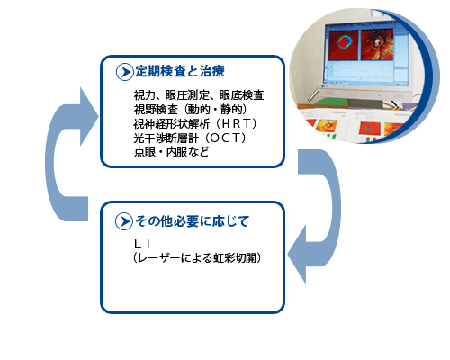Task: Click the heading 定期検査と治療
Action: click(x=180, y=71)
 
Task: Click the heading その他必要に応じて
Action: click(x=193, y=221)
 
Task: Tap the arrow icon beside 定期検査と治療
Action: click(x=124, y=72)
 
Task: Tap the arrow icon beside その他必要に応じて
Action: click(x=124, y=221)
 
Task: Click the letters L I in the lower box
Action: click(x=142, y=244)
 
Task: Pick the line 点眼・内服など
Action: click(x=171, y=152)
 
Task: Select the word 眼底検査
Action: click(x=241, y=95)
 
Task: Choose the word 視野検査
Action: click(x=156, y=110)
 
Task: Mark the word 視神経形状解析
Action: click(x=172, y=124)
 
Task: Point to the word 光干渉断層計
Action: click(x=166, y=139)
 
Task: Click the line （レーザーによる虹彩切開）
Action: click(x=197, y=257)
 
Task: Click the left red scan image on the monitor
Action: click(x=344, y=44)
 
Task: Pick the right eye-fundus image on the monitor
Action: click(x=377, y=44)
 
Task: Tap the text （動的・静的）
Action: click(x=215, y=110)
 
